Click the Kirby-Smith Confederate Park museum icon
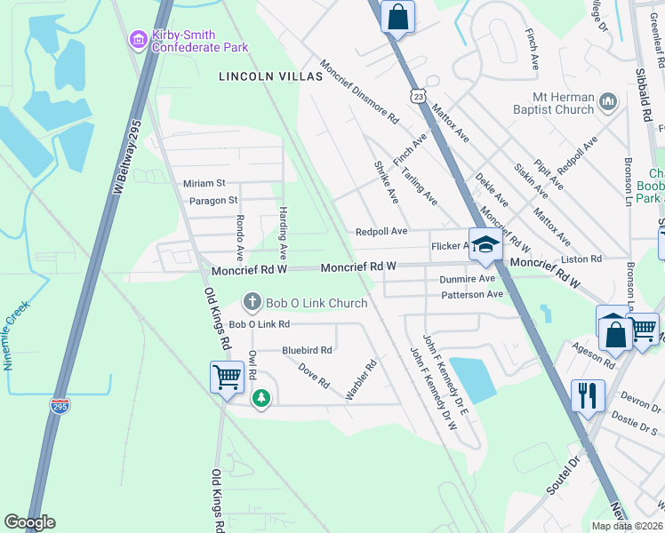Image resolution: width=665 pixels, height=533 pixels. point(138,39)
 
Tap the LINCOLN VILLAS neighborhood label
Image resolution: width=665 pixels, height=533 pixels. point(270,77)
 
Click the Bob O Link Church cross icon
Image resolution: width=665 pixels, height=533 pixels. point(252,303)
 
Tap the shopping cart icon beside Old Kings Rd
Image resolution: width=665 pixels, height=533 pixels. point(227,377)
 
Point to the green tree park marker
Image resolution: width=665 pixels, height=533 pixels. point(260,399)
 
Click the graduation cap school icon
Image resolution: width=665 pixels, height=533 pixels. point(485,246)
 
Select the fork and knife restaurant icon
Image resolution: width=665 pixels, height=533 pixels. point(588,395)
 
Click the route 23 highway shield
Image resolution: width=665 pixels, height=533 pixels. point(417,94)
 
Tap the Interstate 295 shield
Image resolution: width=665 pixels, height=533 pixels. point(60,406)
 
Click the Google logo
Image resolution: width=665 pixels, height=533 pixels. point(29,522)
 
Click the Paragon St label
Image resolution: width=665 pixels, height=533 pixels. point(213,201)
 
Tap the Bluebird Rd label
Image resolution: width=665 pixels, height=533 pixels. point(307,351)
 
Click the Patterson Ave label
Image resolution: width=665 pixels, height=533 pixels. point(472,294)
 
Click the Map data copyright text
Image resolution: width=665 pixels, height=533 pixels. point(627,526)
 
